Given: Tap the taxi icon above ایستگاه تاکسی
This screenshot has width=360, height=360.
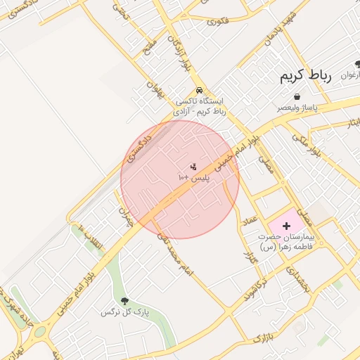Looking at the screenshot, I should pyautogui.click(x=200, y=91).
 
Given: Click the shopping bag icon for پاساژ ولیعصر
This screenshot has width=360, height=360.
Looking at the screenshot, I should pyautogui.click(x=297, y=97).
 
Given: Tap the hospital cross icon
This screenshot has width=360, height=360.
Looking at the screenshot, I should pyautogui.click(x=287, y=226).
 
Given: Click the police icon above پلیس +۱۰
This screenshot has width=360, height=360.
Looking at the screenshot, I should pyautogui.click(x=193, y=167).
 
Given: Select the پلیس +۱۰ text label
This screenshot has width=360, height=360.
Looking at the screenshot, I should pyautogui.click(x=190, y=179).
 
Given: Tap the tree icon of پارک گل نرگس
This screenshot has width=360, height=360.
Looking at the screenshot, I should pyautogui.click(x=125, y=301).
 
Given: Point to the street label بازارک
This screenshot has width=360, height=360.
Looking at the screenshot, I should pyautogui.click(x=261, y=336).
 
